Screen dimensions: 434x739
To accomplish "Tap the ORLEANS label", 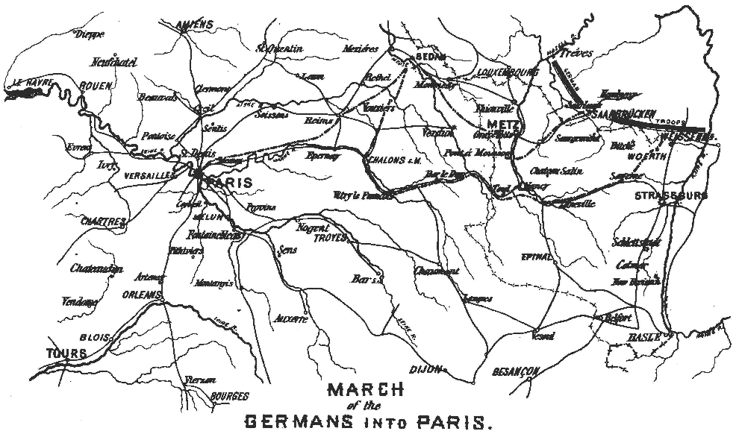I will coord(140,295).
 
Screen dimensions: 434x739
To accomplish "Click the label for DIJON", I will coord(426,368).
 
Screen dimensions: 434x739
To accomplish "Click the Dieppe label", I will coord(86,34).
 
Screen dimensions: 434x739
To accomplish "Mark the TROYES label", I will coord(331,237).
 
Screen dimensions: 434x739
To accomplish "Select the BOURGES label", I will coord(229,397).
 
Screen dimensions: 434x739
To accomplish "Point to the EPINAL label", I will coord(537,257).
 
